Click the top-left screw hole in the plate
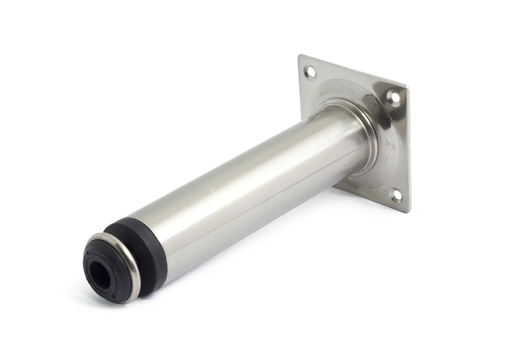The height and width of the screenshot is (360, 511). point(310,73)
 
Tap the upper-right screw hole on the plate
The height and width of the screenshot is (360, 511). point(393,97)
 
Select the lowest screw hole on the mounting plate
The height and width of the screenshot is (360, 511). point(396,195)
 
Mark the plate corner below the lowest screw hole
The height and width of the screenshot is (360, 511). point(407,210)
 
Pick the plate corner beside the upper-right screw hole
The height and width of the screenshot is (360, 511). point(406,88)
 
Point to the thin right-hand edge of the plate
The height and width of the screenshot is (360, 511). point(408,153)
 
